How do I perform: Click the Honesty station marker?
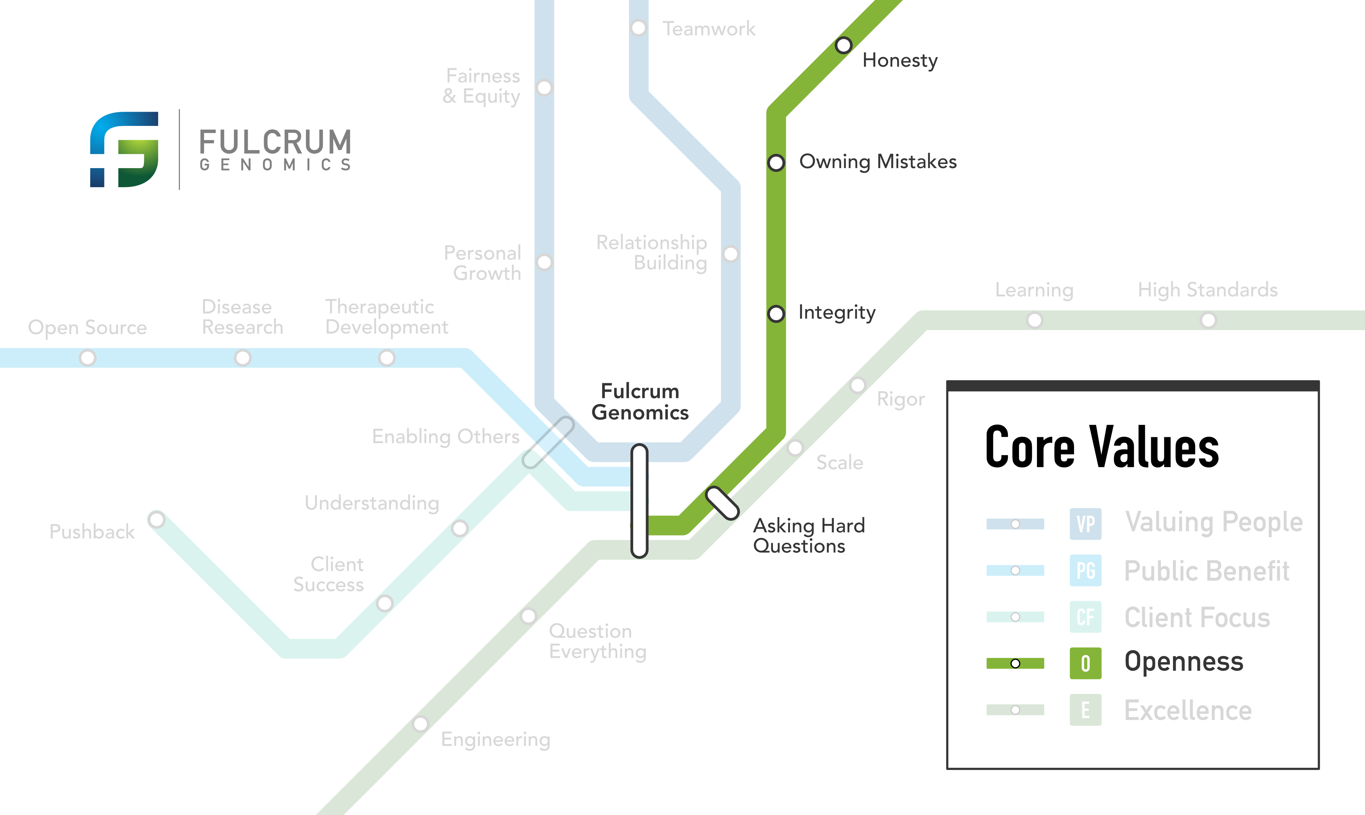pos(843,45)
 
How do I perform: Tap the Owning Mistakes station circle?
pos(776,163)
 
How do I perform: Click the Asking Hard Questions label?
pos(809,535)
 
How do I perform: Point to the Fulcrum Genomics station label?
pos(640,402)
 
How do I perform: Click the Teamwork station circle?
pos(638,27)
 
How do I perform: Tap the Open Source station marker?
pos(87,358)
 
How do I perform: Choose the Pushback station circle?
pos(156,519)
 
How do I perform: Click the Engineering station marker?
pos(420,724)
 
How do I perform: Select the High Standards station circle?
pos(1208,320)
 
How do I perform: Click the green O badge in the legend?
pos(1085,663)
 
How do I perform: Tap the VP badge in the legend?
pos(1085,524)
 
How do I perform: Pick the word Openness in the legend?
pos(1184,662)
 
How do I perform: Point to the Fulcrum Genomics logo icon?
pos(124,149)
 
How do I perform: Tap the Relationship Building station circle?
pos(730,254)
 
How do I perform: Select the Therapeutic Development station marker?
pos(387,358)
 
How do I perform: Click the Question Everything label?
pos(597,641)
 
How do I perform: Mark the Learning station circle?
pos(1034,320)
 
